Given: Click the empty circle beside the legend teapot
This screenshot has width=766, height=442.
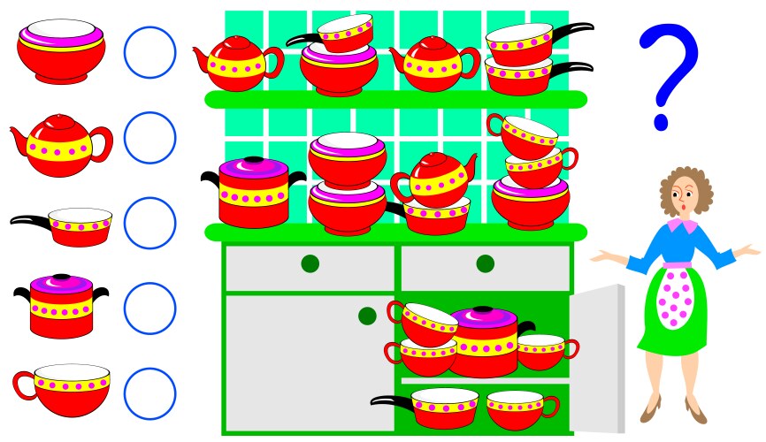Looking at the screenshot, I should click(x=150, y=138).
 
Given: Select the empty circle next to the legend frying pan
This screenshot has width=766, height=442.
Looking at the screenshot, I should click(x=150, y=223).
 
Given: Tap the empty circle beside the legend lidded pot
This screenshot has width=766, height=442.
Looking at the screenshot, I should click(x=150, y=308).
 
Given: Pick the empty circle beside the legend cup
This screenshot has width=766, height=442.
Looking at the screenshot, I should click(x=150, y=393).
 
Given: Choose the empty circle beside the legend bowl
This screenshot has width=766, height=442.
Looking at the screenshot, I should click(x=150, y=53).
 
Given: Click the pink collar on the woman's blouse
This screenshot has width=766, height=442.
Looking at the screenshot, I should click(x=679, y=226).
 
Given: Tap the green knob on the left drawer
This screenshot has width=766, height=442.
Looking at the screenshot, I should click(x=310, y=263).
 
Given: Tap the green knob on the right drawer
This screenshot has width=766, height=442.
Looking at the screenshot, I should click(x=485, y=263).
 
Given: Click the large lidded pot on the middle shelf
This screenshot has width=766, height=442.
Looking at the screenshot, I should click(x=254, y=193).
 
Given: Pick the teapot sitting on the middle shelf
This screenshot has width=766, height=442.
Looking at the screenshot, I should click(x=433, y=179).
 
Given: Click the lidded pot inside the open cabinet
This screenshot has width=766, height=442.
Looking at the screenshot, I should click(x=485, y=340).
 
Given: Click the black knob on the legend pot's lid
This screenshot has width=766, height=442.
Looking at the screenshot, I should click(x=61, y=278).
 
